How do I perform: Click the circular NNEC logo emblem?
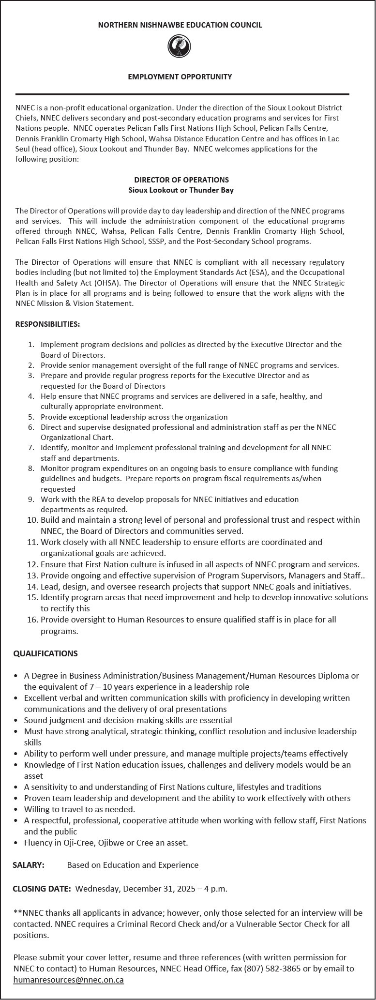tap(180, 47)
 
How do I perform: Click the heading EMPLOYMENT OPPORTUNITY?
tap(180, 76)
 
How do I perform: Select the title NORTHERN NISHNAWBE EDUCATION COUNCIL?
tap(180, 25)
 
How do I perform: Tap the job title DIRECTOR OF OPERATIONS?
tap(181, 180)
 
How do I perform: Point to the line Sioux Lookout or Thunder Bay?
tap(181, 190)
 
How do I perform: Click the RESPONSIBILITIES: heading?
tap(48, 324)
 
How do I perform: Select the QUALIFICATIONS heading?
tap(45, 653)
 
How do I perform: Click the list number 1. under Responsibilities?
tap(31, 345)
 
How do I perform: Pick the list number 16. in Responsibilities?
tap(32, 620)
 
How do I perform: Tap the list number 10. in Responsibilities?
tap(32, 520)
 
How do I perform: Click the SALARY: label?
tap(29, 865)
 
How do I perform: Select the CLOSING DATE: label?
tap(42, 889)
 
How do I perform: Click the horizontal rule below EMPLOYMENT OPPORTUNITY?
tap(182, 94)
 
